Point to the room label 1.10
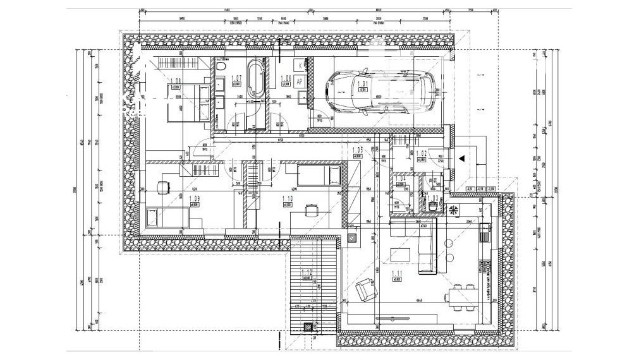(286, 199)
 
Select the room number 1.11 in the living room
(398, 273)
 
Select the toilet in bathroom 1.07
(221, 68)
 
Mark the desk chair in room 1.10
(309, 209)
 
